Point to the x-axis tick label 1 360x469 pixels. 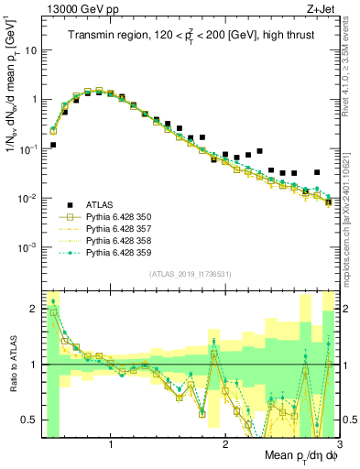click(111, 445)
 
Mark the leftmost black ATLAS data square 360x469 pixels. click(53, 145)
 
